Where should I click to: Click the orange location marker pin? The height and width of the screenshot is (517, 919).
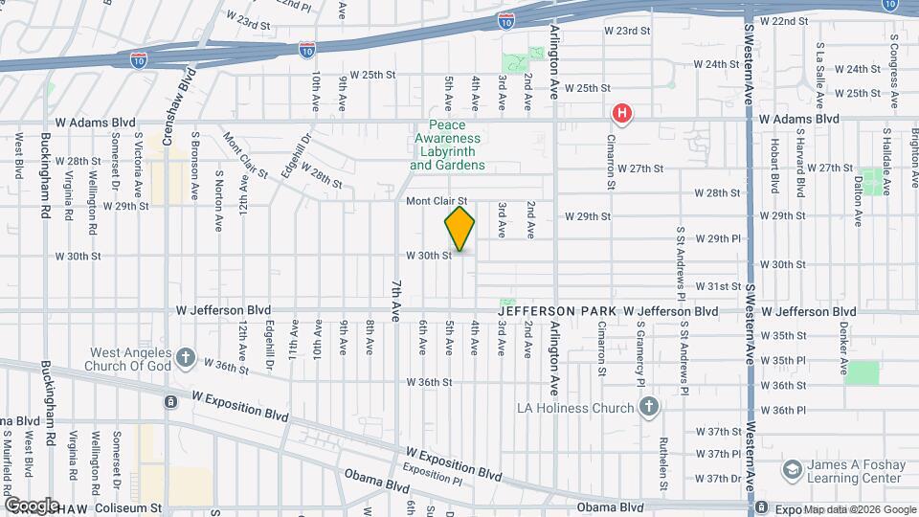click(459, 229)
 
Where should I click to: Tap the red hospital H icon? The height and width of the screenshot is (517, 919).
click(622, 115)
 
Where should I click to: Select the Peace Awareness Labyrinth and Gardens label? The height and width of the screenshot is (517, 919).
click(447, 146)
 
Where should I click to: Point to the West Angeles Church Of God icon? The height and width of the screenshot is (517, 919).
click(186, 361)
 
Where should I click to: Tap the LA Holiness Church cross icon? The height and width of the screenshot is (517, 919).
click(648, 408)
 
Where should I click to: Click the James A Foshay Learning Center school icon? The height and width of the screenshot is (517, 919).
click(792, 470)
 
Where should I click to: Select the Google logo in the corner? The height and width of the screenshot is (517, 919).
click(32, 505)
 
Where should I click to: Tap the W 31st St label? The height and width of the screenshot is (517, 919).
click(718, 286)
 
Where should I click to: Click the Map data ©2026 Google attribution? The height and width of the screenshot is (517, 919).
click(860, 508)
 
